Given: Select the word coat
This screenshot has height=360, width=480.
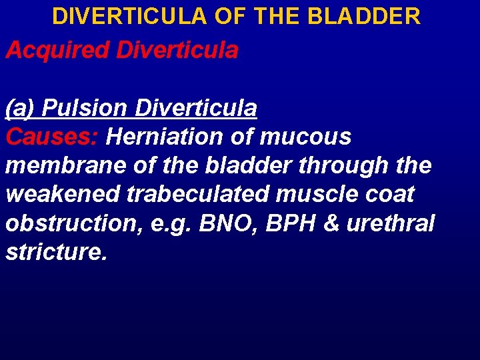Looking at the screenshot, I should point(390,195).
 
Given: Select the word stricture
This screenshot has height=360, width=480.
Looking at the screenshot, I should point(56,253).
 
